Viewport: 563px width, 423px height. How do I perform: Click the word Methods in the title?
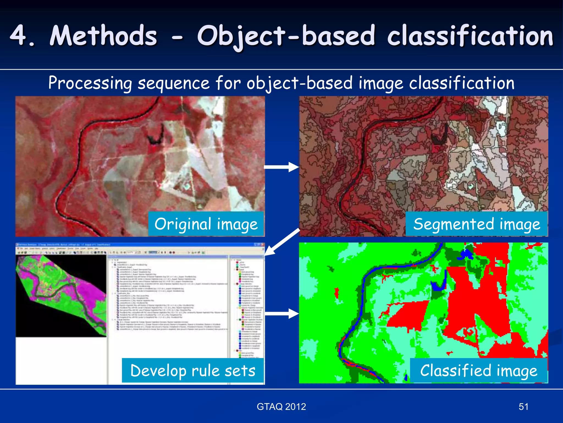point(104,36)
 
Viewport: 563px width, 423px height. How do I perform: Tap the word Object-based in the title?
point(286,36)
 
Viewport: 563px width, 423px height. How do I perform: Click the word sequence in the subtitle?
point(173,83)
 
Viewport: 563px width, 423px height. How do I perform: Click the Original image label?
point(206,224)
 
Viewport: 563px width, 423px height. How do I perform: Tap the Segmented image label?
point(476,224)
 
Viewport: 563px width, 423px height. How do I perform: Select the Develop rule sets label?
point(193,370)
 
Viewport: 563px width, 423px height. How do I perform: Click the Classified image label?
point(479,370)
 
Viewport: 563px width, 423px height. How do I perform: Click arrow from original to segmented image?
point(281,167)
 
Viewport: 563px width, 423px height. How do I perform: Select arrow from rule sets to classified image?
point(281,314)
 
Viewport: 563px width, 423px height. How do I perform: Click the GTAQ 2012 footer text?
point(281,406)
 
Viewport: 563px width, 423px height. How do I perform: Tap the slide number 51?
point(523,406)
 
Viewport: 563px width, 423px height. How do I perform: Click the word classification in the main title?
point(470,36)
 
